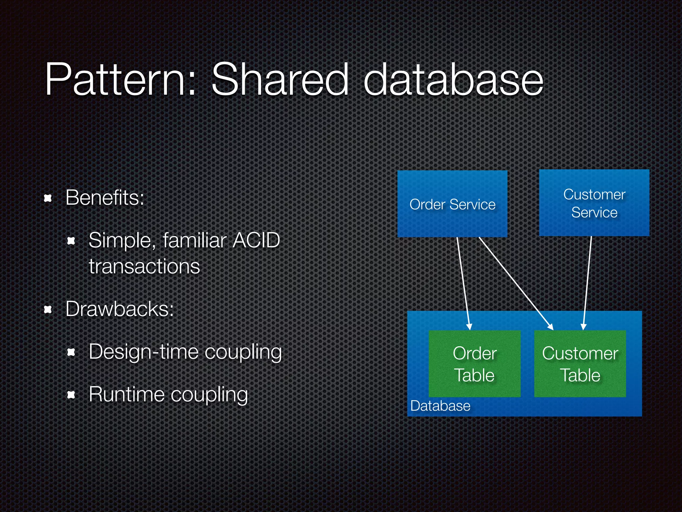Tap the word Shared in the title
point(280,80)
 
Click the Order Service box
point(452,204)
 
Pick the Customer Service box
point(594,203)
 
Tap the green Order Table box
point(475,364)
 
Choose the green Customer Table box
point(580,364)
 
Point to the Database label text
point(440,406)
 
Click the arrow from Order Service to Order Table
point(463,283)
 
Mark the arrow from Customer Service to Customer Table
point(587,283)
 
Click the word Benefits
point(105,198)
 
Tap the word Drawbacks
point(120,309)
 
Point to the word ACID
point(256,240)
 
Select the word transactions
point(144,266)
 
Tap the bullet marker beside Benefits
point(48,199)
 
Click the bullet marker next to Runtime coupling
point(71,395)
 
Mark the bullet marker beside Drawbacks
point(48,310)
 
